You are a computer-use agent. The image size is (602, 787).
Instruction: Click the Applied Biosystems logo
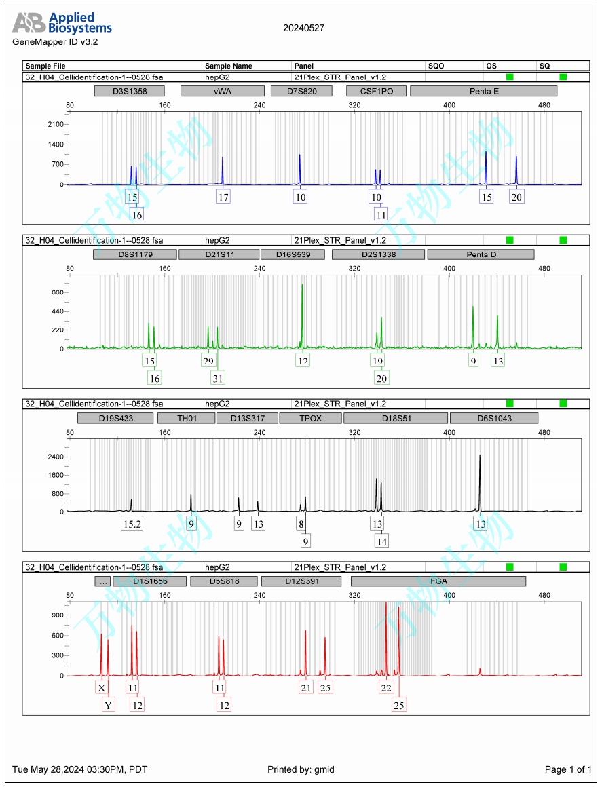tap(62, 23)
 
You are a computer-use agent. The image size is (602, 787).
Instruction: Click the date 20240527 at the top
tap(303, 28)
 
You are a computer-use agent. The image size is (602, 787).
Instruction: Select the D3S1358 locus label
tap(130, 91)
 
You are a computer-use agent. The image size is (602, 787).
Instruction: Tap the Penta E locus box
tap(484, 91)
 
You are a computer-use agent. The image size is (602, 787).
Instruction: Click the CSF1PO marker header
tap(375, 91)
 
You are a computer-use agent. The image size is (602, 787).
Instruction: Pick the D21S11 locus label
tap(219, 254)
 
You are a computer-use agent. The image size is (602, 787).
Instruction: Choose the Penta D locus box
tap(481, 254)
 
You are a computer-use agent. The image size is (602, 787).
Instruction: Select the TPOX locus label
tap(310, 419)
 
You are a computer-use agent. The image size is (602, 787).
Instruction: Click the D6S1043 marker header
tap(493, 419)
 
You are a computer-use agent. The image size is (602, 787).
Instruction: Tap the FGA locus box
tap(438, 581)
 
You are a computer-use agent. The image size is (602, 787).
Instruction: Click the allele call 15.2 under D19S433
tap(132, 524)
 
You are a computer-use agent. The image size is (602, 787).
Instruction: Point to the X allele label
tap(102, 688)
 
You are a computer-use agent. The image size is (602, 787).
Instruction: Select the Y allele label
tap(108, 706)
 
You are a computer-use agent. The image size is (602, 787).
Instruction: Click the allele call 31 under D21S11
tap(218, 379)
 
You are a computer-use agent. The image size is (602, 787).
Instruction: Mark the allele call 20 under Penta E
tap(516, 197)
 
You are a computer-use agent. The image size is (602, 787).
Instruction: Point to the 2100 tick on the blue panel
tap(56, 124)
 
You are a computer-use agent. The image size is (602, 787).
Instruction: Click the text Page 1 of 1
tap(568, 769)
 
